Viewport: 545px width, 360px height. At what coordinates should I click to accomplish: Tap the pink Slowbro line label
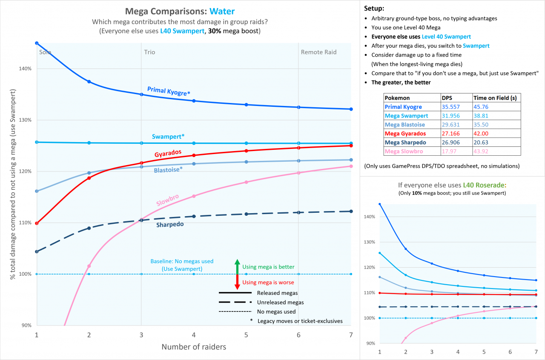click(x=168, y=200)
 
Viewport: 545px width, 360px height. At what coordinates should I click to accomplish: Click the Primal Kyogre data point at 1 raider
click(x=37, y=43)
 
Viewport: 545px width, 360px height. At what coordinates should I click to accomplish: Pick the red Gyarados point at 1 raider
click(x=37, y=223)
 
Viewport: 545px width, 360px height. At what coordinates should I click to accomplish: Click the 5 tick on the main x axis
click(x=246, y=335)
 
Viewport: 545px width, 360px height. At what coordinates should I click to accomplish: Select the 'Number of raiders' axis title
click(x=194, y=347)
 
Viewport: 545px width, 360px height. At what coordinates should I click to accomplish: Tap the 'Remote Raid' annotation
click(x=318, y=52)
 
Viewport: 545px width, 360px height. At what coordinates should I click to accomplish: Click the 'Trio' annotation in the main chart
click(x=149, y=52)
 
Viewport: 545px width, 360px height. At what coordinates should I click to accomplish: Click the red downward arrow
click(x=237, y=282)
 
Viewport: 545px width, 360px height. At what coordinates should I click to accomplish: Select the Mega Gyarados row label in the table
click(x=405, y=134)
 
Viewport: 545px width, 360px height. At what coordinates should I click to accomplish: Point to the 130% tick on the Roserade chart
click(x=369, y=242)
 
